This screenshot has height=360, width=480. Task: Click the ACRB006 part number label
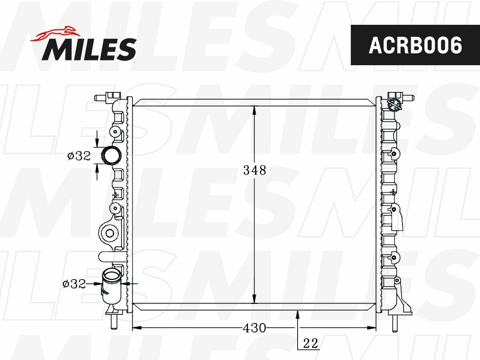[x=415, y=46]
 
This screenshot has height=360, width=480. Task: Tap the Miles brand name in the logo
[x=89, y=49]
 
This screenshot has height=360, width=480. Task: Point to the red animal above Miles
[x=55, y=34]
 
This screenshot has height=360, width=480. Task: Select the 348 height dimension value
[x=254, y=170]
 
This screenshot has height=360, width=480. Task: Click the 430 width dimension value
[x=254, y=328]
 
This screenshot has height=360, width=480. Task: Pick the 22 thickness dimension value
[x=310, y=343]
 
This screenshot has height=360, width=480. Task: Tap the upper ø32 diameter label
[x=79, y=156]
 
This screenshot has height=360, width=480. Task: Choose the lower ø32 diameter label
[x=74, y=284]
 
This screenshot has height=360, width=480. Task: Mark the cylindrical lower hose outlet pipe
[x=112, y=286]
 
